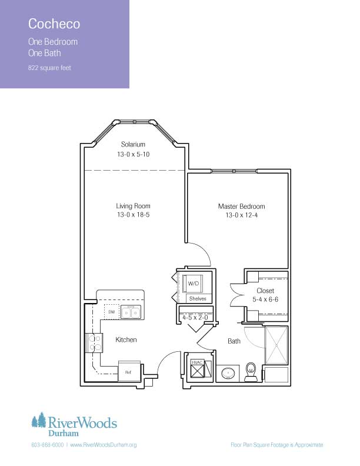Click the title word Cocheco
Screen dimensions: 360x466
point(54,24)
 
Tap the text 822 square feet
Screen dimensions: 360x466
point(49,68)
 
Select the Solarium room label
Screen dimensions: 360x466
point(133,144)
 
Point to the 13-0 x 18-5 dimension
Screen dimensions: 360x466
point(133,215)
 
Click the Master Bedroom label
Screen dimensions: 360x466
point(242,207)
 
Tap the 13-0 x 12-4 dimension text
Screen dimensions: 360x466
point(242,215)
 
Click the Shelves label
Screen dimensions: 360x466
point(198,299)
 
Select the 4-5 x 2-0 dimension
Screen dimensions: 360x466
point(195,317)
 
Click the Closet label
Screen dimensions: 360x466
point(265,291)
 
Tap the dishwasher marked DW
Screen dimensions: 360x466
point(112,312)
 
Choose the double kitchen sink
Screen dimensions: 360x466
point(131,312)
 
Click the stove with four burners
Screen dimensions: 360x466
point(94,343)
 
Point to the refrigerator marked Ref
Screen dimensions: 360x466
point(129,371)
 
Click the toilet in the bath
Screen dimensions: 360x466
point(251,371)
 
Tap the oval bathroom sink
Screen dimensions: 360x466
point(228,373)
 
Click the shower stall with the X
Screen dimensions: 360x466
point(276,345)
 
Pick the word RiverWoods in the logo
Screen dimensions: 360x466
point(82,422)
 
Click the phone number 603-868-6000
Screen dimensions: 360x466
point(48,445)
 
